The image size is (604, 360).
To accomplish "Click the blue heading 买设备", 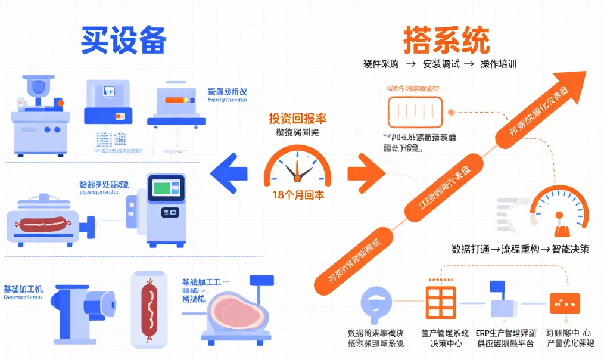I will [123, 40].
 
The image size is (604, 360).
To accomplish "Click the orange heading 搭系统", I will [446, 40].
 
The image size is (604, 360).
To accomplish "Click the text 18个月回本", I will [298, 195].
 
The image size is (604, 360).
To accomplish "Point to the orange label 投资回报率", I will [297, 118].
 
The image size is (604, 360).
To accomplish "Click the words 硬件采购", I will [381, 64].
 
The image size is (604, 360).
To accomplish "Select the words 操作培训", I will [498, 64].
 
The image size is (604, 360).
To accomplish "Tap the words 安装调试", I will [441, 64].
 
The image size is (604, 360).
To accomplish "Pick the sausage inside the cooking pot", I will [42, 224].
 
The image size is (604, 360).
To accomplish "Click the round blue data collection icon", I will [376, 304].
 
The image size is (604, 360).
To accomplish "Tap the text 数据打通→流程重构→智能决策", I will [520, 249].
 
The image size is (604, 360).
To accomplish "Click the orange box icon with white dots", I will [564, 303].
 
